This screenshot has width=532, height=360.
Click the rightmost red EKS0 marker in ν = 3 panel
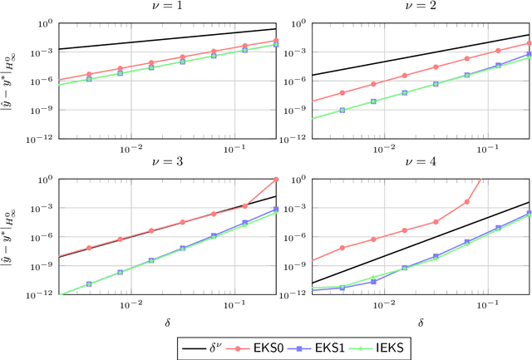point(276,179)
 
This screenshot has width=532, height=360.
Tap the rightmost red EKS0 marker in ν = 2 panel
point(529,43)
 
